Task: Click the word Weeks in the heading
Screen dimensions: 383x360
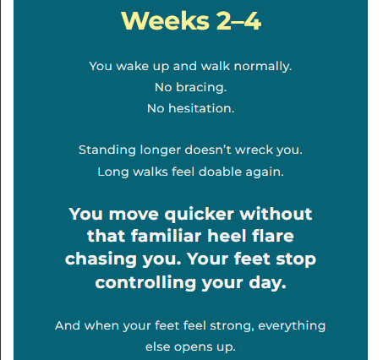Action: point(166,21)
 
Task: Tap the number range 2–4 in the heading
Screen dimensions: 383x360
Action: point(239,21)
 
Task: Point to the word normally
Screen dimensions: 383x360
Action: point(263,67)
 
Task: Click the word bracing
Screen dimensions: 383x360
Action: point(201,88)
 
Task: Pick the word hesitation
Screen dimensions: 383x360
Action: point(201,108)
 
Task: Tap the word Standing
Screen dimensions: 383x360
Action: point(107,150)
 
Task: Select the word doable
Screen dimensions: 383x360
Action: point(220,172)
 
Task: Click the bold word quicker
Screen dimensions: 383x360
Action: point(200,215)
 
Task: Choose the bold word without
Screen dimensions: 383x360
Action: point(276,214)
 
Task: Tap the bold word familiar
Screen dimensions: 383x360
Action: point(166,236)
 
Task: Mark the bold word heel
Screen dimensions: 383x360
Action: point(227,236)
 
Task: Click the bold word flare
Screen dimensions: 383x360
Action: point(273,236)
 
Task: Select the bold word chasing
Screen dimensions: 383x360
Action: point(101,259)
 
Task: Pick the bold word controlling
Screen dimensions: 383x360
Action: point(145,283)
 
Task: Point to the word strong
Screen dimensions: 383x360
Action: point(233,326)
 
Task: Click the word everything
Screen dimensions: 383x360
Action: point(292,326)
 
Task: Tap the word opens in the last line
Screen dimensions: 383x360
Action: point(193,347)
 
